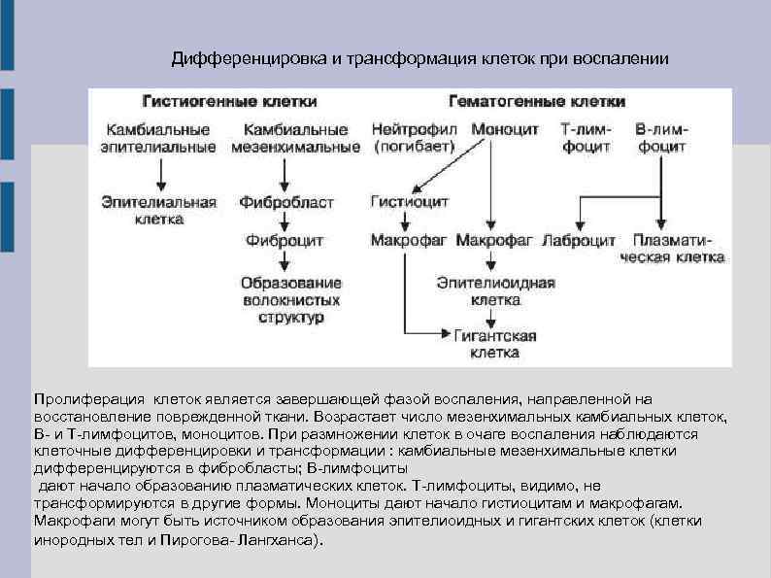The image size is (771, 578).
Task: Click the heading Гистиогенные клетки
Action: [x=229, y=101]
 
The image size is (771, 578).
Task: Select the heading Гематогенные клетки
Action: [x=536, y=101]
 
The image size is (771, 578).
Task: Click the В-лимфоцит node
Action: [x=660, y=137]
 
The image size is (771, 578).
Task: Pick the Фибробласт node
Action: [x=287, y=202]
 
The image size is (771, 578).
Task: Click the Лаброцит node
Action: [x=580, y=240]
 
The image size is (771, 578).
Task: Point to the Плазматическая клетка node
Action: [x=677, y=249]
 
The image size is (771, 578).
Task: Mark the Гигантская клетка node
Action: [x=495, y=344]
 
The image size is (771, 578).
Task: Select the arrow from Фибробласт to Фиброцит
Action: [x=285, y=221]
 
